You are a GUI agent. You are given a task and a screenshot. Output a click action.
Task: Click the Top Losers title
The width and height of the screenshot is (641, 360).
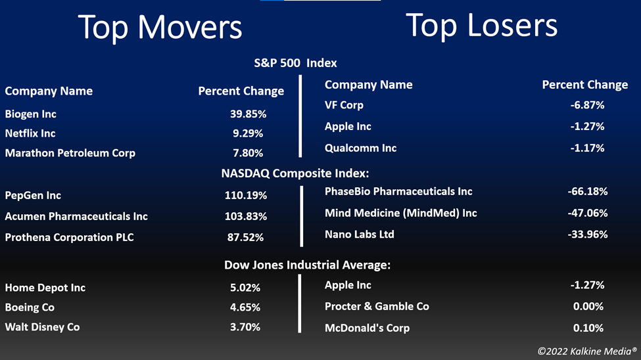click(x=481, y=26)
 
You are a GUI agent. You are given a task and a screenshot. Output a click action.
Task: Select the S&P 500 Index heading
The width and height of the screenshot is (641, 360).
click(x=296, y=63)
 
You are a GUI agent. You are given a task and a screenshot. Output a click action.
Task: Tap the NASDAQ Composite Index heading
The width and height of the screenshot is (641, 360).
click(x=295, y=173)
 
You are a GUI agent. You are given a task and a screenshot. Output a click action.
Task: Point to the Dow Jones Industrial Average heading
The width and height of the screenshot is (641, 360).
click(x=308, y=265)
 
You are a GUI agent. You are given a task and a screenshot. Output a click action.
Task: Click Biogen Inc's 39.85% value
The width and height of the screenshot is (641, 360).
click(x=248, y=114)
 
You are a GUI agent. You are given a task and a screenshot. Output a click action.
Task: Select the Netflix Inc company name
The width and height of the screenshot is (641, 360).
click(x=30, y=133)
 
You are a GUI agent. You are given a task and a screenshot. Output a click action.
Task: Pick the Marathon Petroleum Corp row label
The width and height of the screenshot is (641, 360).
click(x=70, y=153)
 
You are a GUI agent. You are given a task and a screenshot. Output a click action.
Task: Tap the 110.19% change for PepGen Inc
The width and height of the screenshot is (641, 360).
click(x=246, y=195)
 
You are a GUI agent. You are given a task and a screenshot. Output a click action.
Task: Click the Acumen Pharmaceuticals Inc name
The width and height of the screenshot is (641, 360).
click(x=76, y=216)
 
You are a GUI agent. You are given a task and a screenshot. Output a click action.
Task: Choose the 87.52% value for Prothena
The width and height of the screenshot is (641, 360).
click(x=245, y=237)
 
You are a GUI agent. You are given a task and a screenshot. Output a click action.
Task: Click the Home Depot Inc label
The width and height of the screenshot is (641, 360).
click(x=45, y=288)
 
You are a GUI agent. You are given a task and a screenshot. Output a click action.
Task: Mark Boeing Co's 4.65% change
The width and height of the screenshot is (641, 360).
click(x=245, y=307)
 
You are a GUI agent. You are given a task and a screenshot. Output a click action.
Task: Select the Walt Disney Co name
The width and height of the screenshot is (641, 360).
click(x=42, y=327)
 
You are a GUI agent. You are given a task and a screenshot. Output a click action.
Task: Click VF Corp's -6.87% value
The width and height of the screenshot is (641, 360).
click(x=588, y=105)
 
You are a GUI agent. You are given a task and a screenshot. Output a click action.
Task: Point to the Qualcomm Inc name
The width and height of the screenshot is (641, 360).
click(x=360, y=148)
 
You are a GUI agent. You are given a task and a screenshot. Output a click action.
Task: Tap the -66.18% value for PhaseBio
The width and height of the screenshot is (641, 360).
click(x=588, y=191)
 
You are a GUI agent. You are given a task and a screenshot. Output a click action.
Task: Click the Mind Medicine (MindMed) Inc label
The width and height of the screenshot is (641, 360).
click(x=400, y=213)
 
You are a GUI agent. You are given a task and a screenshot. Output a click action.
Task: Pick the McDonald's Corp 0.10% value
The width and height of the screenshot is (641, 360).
click(x=588, y=328)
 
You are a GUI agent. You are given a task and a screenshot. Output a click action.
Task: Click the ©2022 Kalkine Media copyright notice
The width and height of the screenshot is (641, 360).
click(x=587, y=351)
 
